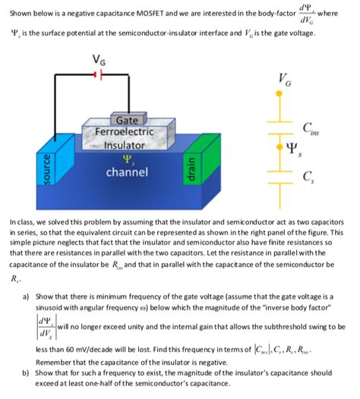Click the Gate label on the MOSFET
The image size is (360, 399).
coord(125,120)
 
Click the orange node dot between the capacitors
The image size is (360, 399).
coord(281,144)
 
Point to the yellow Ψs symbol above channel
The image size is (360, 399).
coord(125,159)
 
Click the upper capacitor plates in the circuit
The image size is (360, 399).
coord(281,124)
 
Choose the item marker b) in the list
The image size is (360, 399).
coord(24,373)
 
